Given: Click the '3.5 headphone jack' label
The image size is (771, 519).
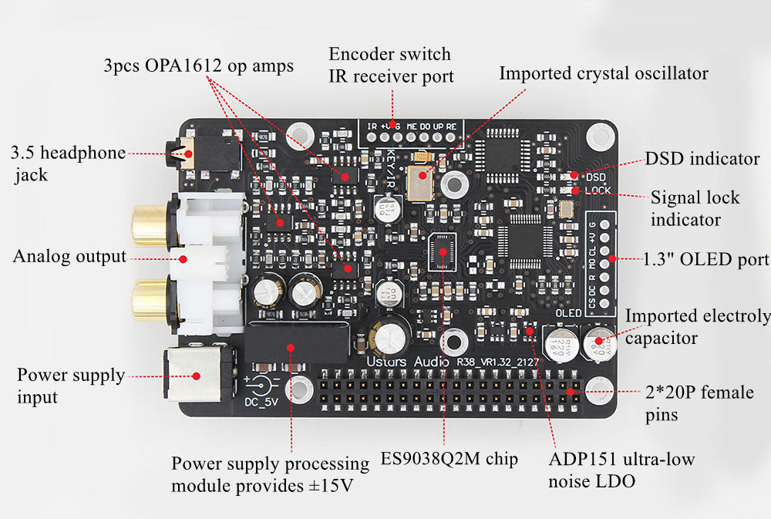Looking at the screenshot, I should tap(68, 163).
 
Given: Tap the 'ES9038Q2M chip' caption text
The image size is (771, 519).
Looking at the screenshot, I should tap(449, 459).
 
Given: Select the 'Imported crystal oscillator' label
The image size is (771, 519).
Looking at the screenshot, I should tap(603, 73).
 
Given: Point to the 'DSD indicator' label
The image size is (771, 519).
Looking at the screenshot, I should tap(702, 159).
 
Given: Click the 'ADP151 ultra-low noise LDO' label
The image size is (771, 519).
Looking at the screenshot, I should tap(621, 470).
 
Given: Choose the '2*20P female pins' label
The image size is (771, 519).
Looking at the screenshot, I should tap(699, 403).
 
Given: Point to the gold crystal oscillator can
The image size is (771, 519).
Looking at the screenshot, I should tap(421, 183).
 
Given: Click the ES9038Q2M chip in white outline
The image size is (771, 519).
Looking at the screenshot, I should tap(442, 251).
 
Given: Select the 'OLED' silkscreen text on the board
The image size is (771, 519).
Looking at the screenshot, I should tap(570, 314).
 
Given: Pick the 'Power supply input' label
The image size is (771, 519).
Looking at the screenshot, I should tap(70, 386).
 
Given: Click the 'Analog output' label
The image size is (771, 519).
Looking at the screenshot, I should tap(69, 257).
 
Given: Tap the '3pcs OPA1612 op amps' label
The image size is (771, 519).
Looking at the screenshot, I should tap(198, 66).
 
